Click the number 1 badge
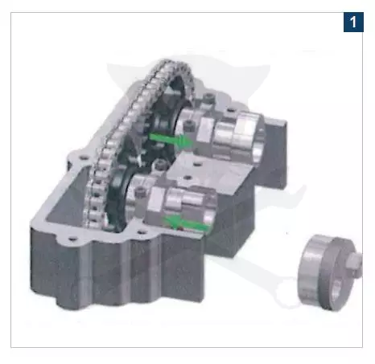353,22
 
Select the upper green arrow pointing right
171,140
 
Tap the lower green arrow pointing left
187,223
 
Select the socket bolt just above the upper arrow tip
189,125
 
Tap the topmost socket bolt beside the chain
208,97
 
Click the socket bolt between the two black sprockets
160,164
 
